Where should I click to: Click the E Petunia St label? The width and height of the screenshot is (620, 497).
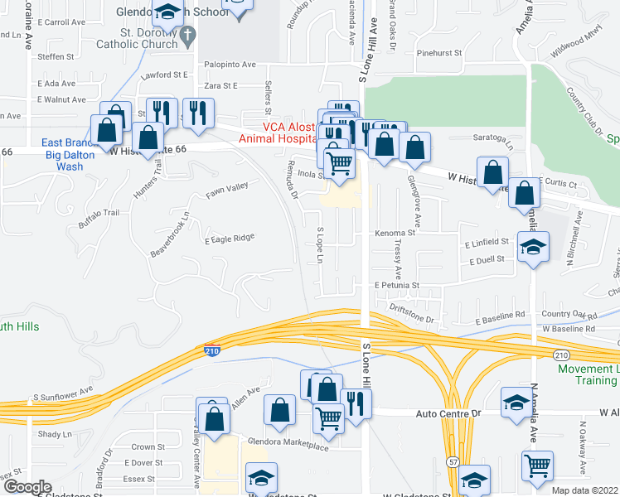[x=397, y=284]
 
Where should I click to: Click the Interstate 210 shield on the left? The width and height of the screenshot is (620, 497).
[x=212, y=350]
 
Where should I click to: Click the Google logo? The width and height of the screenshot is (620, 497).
[x=28, y=486]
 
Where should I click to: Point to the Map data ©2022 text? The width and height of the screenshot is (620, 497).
[x=584, y=490]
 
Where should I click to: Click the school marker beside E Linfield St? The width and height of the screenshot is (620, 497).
[x=533, y=246]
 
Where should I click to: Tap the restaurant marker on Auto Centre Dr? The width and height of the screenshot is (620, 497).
[x=357, y=403]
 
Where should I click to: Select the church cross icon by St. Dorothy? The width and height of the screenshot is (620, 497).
[x=188, y=36]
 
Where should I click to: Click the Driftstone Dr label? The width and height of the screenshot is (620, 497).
[x=412, y=314]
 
